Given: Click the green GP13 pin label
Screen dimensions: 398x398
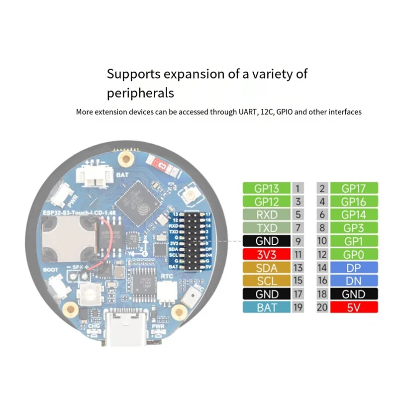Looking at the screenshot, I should pos(267,189).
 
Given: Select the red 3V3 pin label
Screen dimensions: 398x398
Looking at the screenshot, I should pos(267,255).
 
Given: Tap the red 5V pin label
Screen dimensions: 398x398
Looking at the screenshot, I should pos(353,307).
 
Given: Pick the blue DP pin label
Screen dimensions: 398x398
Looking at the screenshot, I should pos(353,268).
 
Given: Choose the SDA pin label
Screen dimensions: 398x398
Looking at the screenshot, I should pos(267,268).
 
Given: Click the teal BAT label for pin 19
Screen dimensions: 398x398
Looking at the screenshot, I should pos(267,307).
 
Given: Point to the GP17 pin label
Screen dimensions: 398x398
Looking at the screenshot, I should pos(353,189).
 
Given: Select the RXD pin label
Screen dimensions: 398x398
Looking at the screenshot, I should pos(267,215).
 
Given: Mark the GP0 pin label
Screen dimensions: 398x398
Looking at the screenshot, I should pos(353,255).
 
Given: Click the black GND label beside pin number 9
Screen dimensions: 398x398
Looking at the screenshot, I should pos(267,241).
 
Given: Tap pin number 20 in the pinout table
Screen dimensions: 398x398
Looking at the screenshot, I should pos(322,307).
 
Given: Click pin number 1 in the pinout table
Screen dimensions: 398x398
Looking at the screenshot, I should pos(298,189).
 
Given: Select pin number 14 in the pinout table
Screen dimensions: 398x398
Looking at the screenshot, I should pos(322,268).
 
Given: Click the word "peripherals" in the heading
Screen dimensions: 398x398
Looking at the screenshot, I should pos(140,93).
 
